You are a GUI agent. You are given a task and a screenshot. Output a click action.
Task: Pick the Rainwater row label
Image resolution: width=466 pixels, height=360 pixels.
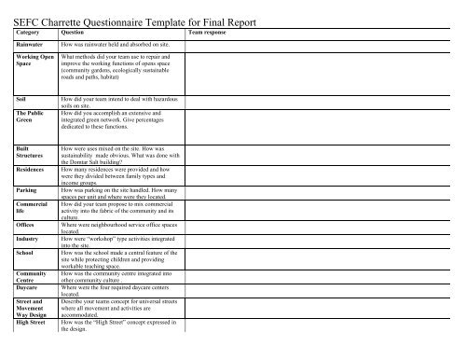click(34, 44)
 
